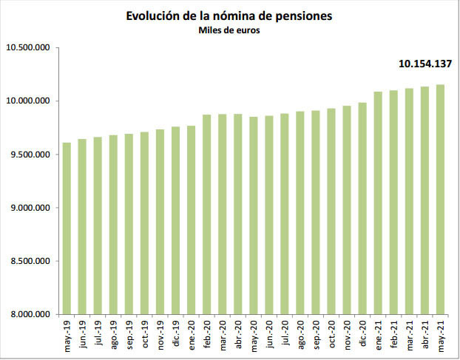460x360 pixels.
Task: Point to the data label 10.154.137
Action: (424, 64)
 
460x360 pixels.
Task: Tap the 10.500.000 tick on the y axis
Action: (27, 48)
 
